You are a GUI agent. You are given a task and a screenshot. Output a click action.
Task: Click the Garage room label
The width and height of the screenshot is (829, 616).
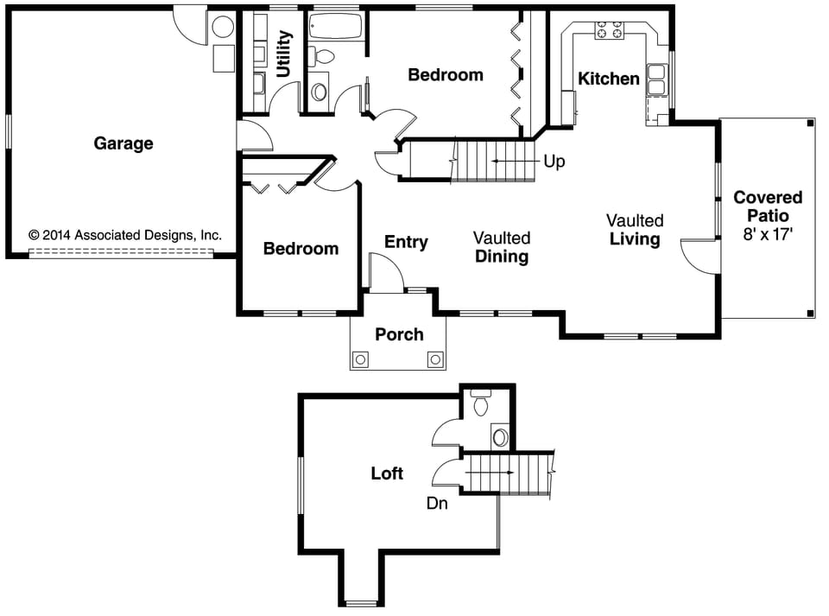pyautogui.click(x=123, y=143)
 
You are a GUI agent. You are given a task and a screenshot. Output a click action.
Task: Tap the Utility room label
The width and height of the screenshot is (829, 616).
pyautogui.click(x=284, y=54)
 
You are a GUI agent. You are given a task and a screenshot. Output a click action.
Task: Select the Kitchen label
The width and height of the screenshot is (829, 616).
pyautogui.click(x=609, y=79)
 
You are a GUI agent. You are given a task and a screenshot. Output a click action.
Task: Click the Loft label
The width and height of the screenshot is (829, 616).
pyautogui.click(x=387, y=473)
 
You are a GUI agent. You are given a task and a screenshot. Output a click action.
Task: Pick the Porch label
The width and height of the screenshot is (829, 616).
pyautogui.click(x=399, y=334)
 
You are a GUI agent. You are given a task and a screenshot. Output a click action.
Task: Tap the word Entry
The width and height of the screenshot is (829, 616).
pyautogui.click(x=406, y=242)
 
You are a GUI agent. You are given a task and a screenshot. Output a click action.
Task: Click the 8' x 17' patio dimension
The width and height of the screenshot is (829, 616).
pyautogui.click(x=768, y=233)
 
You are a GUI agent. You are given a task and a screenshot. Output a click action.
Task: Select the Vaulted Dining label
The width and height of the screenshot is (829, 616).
pyautogui.click(x=502, y=247)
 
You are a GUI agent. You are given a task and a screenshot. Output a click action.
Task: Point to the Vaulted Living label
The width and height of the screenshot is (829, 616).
pyautogui.click(x=635, y=230)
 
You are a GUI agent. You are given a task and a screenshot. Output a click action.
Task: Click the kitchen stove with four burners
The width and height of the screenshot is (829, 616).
pyautogui.click(x=609, y=31)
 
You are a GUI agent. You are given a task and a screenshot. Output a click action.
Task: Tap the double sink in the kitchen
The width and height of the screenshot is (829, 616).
pyautogui.click(x=657, y=79)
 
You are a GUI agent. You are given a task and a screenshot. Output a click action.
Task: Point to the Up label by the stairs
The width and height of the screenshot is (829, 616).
pyautogui.click(x=554, y=162)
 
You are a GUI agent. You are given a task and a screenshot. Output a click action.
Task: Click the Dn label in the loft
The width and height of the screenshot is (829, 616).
pyautogui.click(x=437, y=503)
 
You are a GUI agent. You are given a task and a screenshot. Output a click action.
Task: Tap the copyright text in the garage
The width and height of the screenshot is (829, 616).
pyautogui.click(x=125, y=234)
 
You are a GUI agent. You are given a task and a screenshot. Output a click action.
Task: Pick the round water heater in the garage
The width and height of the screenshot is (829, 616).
pyautogui.click(x=223, y=28)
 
